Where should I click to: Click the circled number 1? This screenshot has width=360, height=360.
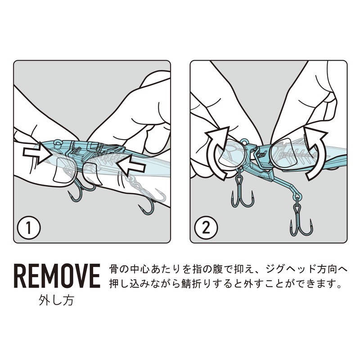[x=29, y=228]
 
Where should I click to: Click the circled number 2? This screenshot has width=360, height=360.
[x=206, y=228]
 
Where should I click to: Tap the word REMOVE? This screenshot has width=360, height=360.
[x=57, y=276]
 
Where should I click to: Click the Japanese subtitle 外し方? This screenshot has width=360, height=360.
[x=57, y=300]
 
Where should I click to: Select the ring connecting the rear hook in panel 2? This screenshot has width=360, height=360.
[x=297, y=196]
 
